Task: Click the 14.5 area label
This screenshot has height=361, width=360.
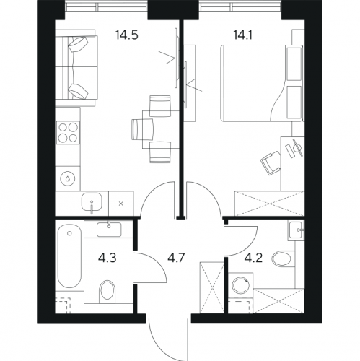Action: point(126,35)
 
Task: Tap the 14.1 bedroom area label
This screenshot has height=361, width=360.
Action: point(242,35)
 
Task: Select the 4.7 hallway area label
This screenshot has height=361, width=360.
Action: point(175,258)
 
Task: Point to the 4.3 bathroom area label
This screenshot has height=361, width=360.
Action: point(107,258)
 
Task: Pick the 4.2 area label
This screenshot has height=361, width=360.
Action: point(253,258)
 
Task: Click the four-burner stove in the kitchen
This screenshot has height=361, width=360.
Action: point(68,132)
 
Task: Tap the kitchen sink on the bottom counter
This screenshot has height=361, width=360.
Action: point(92,203)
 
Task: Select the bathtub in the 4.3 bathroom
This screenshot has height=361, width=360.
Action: point(69,256)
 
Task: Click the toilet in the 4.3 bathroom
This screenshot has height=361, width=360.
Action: point(107,290)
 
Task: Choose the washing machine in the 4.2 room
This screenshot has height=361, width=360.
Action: point(240,285)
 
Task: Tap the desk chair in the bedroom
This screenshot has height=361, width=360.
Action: point(271,163)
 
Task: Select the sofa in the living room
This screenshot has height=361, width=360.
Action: point(76,68)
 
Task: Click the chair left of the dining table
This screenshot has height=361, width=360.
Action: point(142,129)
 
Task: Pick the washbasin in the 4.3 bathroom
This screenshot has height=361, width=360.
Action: point(109,229)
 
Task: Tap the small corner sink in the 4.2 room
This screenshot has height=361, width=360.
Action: point(297,230)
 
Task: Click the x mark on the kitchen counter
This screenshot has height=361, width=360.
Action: point(121,204)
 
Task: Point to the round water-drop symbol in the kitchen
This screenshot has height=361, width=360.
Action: point(68,178)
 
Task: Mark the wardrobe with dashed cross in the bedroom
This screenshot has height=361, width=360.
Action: point(270,204)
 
